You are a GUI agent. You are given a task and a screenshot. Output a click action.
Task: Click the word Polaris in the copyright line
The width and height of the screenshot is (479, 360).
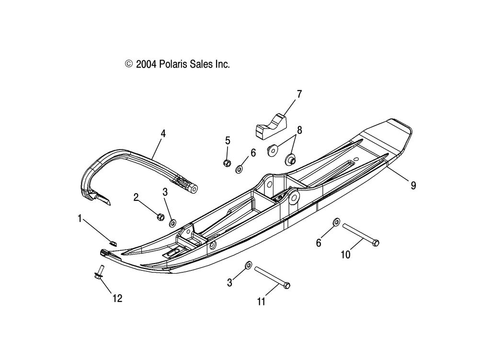pos(173,64)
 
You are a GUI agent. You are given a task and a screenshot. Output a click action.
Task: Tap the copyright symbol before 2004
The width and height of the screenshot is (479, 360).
pos(129,64)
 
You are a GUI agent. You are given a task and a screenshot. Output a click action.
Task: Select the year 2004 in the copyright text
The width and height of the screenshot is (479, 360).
pos(146,64)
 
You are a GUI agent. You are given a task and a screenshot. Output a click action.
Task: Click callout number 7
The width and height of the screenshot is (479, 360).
pos(299,94)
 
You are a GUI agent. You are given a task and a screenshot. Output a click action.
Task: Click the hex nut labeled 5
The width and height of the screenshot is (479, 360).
pos(227,163)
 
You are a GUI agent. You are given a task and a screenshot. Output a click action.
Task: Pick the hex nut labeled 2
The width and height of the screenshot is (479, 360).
pos(160,217)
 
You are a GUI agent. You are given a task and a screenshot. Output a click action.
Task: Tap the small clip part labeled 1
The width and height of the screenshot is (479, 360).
pos(113,243)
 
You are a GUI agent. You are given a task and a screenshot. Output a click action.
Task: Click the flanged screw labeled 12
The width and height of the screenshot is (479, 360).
pos(99,272)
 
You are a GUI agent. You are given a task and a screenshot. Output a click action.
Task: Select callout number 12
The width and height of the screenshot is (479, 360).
pos(117,298)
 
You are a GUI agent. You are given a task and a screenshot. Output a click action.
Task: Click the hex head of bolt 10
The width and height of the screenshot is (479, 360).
pos(376,243)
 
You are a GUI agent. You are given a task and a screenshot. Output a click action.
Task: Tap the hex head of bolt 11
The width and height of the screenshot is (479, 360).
pos(286,285)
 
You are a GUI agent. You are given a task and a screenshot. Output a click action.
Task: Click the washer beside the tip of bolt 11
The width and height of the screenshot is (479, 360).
pos(249,265)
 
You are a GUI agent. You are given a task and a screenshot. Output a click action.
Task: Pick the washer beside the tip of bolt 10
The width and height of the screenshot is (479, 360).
pos(336,222)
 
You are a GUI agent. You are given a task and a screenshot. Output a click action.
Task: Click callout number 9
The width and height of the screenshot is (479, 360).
pos(413,185)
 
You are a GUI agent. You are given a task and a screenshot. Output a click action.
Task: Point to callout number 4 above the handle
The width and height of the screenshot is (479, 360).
pos(163,134)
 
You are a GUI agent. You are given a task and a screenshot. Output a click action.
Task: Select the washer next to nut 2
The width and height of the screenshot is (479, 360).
pos(172,223)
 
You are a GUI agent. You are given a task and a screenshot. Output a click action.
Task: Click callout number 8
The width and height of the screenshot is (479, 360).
pos(299,130)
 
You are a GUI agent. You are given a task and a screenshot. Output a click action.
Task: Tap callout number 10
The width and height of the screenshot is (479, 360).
pos(345,255)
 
